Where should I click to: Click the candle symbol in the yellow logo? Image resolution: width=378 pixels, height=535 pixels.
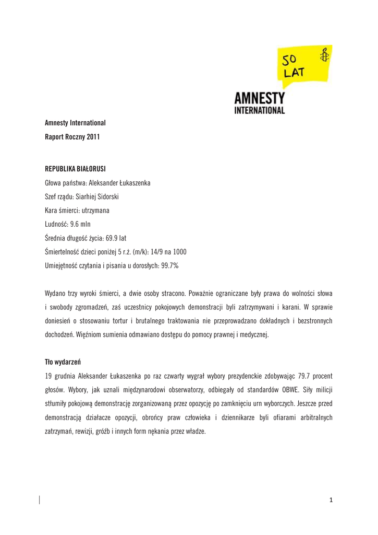coord(325,54)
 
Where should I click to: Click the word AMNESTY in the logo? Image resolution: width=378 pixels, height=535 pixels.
coord(259,98)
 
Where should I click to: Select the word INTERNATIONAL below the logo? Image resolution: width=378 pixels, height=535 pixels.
coord(259,110)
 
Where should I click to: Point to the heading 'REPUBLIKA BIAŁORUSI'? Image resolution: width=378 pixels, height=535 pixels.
coord(76,169)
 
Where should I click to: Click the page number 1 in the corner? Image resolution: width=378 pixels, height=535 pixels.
coord(331,501)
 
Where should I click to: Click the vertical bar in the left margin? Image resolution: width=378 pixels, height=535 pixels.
coord(40,500)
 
